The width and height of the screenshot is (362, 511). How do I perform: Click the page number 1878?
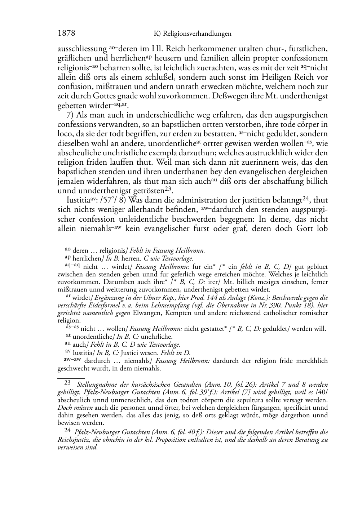[66, 34]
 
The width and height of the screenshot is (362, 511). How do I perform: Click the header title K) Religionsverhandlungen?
[192, 34]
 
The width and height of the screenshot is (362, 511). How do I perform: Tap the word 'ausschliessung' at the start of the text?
[82, 49]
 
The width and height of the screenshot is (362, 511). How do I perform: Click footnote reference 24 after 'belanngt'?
[306, 198]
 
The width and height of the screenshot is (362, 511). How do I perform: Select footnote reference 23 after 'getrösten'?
[168, 188]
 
